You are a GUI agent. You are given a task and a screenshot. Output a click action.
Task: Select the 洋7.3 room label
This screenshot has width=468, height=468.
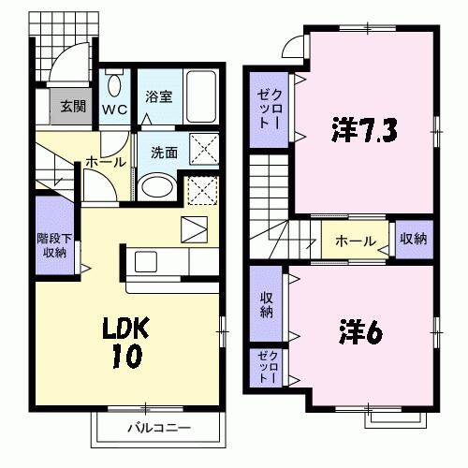[364, 130]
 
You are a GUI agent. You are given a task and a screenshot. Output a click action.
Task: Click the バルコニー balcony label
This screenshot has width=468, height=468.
[159, 428]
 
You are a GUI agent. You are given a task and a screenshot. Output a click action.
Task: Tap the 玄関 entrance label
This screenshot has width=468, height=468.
[73, 105]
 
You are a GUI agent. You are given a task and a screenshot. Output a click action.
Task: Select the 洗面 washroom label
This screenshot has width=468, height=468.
[164, 152]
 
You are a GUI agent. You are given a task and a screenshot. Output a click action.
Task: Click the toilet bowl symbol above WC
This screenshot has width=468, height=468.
[114, 86]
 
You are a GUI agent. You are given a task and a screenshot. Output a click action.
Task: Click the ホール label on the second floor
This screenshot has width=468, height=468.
[356, 241]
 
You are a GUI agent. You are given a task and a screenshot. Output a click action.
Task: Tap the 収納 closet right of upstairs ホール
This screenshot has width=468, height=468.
[413, 240]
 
